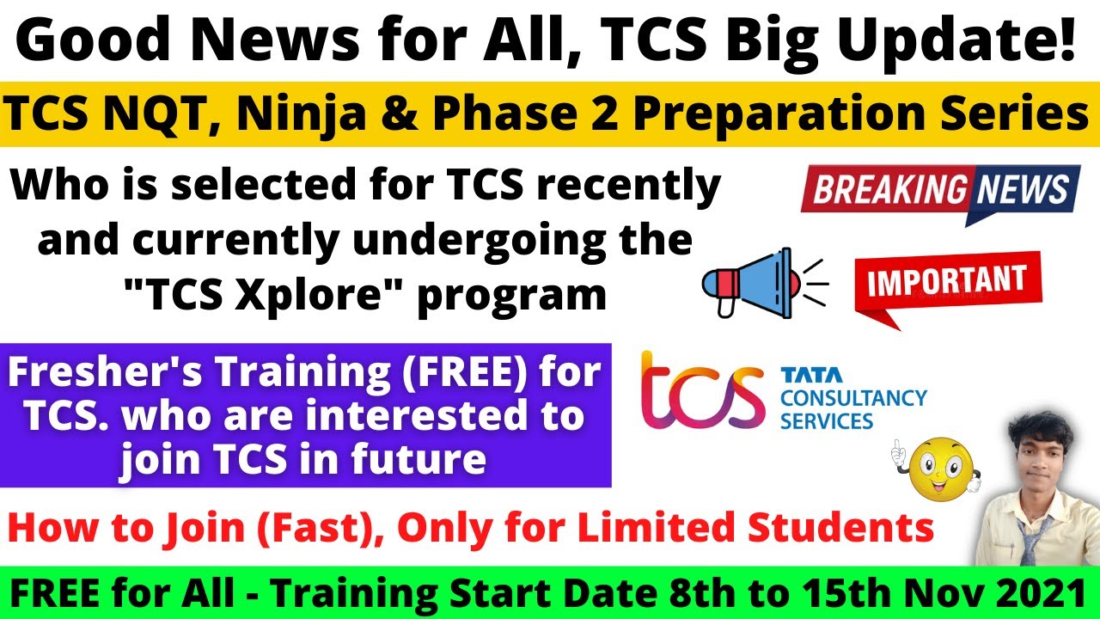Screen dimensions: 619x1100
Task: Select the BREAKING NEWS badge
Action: (940, 191)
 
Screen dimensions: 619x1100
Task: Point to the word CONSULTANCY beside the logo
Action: (853, 398)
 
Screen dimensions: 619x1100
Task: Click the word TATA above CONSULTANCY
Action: (811, 375)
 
